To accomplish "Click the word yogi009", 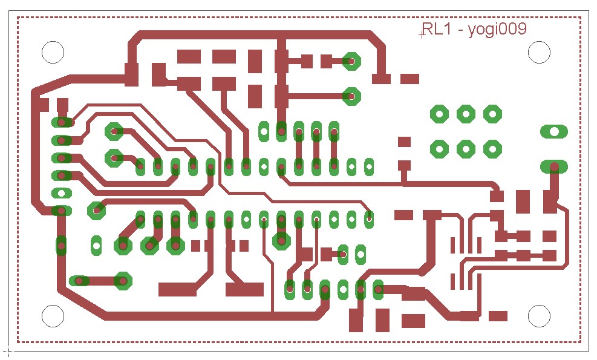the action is [497, 30].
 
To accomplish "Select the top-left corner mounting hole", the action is [53, 52].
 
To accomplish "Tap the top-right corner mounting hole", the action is [539, 52].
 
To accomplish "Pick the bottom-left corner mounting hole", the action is [53, 316].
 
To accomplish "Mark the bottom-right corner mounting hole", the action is [539, 316].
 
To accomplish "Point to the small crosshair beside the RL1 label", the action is [422, 35].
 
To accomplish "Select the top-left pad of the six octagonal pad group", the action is [439, 114].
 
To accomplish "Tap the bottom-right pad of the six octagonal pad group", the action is [493, 149].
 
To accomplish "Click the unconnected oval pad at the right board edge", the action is [554, 132].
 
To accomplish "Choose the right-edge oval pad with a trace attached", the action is [554, 167].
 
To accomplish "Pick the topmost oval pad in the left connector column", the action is [62, 123].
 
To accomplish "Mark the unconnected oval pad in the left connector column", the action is [62, 193].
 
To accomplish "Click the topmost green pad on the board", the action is [351, 61].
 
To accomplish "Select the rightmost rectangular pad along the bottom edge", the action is [498, 316].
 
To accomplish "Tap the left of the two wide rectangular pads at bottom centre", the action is [177, 290].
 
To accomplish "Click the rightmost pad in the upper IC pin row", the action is [369, 167].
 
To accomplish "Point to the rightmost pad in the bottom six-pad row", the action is [378, 290].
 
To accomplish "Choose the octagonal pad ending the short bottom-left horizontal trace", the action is [123, 281].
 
